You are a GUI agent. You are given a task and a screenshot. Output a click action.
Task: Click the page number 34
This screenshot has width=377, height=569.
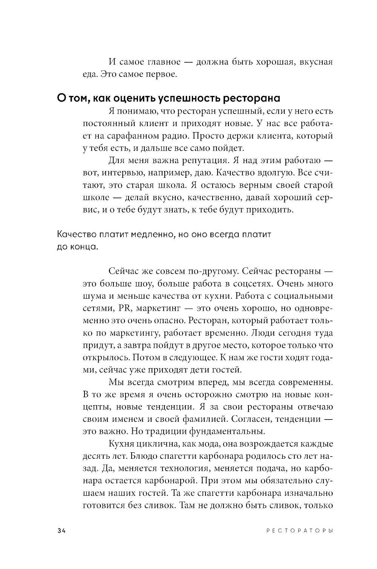(62, 530)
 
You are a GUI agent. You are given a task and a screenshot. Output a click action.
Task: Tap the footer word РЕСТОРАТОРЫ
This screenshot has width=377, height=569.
(299, 531)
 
